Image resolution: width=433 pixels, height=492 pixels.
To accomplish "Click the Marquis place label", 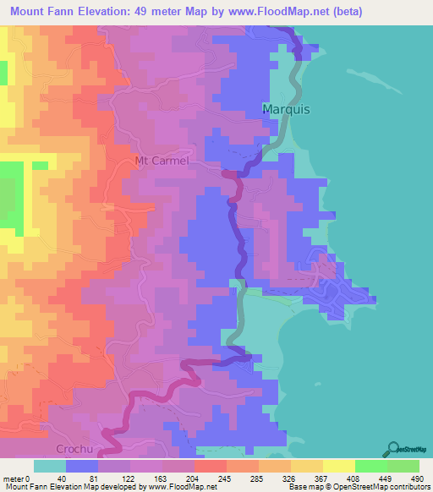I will pyautogui.click(x=287, y=110).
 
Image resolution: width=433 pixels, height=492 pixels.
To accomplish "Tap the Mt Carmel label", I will pyautogui.click(x=162, y=161).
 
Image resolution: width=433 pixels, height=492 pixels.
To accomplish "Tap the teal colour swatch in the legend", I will pyautogui.click(x=49, y=465).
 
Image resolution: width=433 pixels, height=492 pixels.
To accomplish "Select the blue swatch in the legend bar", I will pyautogui.click(x=82, y=465).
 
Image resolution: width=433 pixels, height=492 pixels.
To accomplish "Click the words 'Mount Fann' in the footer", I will pyautogui.click(x=24, y=486).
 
